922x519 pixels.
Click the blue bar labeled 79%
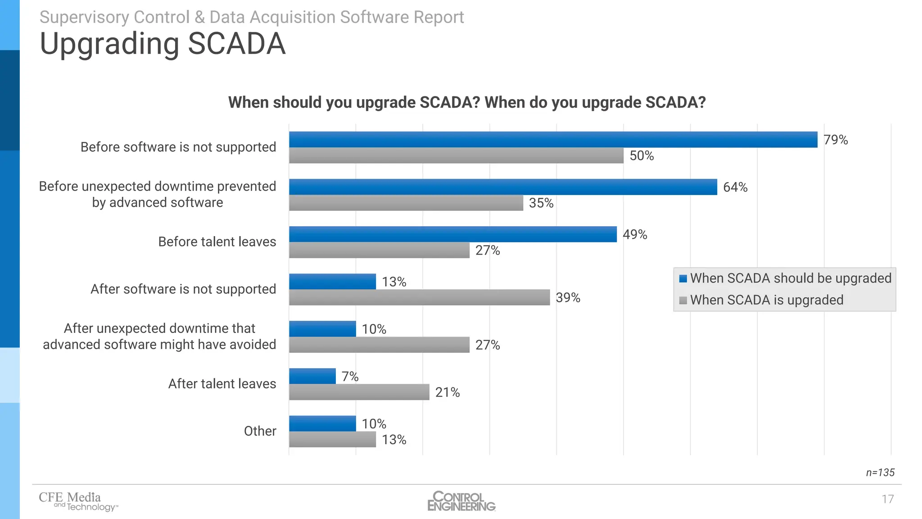(x=553, y=140)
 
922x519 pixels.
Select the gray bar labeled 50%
(x=456, y=155)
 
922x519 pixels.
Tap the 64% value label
(x=735, y=187)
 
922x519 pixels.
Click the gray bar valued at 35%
(x=406, y=203)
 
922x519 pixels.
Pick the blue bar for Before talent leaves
(x=452, y=234)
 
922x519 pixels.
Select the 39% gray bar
(x=419, y=297)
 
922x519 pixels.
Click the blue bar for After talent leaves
(x=312, y=376)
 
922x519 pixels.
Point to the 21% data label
(x=447, y=392)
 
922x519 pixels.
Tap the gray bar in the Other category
(x=332, y=439)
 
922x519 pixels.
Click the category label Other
(x=260, y=431)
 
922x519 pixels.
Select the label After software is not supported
(x=183, y=289)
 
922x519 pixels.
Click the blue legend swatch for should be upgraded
(x=683, y=278)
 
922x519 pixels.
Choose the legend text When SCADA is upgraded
(x=766, y=300)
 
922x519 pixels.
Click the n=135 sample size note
(x=880, y=473)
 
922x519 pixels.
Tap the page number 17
(x=887, y=499)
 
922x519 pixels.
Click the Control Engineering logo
(x=461, y=501)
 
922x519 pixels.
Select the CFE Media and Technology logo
(x=78, y=501)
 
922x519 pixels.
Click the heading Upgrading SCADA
(x=163, y=44)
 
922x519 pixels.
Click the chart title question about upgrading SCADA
(x=466, y=103)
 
